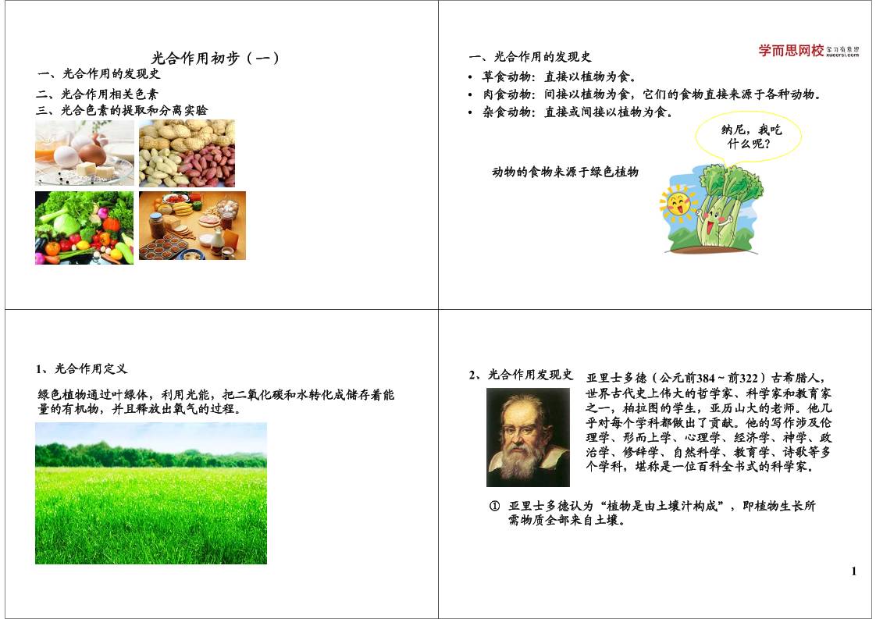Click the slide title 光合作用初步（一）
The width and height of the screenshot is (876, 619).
[215, 58]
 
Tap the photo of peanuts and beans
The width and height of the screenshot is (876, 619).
[187, 153]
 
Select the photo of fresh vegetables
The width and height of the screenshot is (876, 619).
[84, 228]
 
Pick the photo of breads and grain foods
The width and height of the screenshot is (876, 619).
[192, 226]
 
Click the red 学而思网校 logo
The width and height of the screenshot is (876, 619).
[791, 51]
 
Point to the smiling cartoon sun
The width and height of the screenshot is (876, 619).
[675, 205]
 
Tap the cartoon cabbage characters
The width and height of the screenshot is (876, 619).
[723, 207]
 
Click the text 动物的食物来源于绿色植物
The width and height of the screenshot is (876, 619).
[565, 172]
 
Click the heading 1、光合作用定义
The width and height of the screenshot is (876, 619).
[82, 368]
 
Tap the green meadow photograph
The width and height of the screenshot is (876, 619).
[151, 493]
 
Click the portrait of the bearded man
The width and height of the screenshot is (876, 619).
[528, 437]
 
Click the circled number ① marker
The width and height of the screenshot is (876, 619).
[494, 506]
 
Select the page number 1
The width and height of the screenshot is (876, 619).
[854, 571]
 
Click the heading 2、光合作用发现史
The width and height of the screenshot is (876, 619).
[521, 375]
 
